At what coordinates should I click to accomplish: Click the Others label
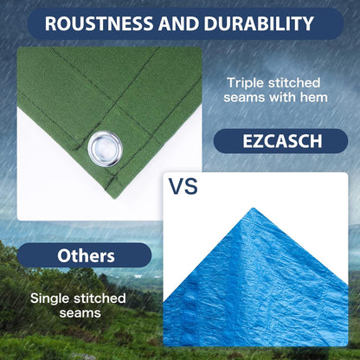click(x=87, y=255)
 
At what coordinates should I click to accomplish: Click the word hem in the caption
click(x=313, y=98)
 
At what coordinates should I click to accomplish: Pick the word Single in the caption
click(x=52, y=298)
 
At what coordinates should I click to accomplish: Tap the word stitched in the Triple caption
click(x=295, y=82)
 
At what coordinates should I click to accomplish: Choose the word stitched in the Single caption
click(x=100, y=298)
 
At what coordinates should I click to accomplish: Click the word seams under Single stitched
click(x=78, y=313)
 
